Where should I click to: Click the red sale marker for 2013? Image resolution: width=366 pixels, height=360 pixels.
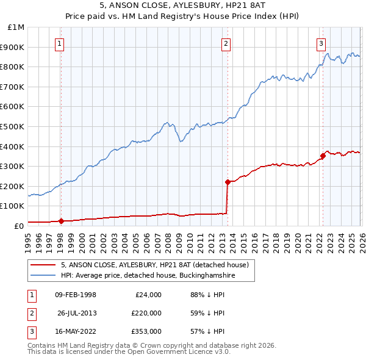[227, 182]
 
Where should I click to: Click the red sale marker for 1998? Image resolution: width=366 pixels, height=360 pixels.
[61, 221]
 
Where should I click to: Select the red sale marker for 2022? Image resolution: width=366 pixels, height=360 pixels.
[322, 156]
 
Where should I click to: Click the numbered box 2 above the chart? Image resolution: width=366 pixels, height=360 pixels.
[226, 43]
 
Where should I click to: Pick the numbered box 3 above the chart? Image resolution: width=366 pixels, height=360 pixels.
[321, 43]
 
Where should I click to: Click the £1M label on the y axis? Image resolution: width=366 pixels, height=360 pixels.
[16, 27]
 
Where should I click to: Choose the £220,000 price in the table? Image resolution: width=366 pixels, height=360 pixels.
[146, 313]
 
